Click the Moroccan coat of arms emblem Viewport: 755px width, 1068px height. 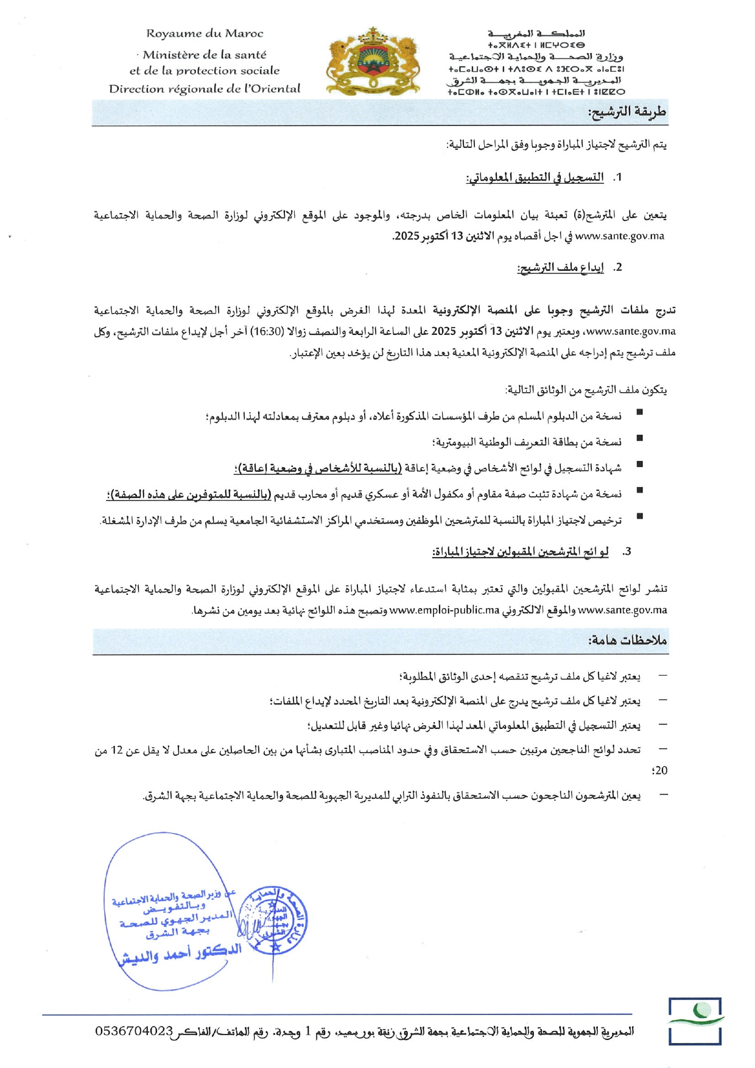[373, 61]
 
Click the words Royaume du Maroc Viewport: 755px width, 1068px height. [205, 34]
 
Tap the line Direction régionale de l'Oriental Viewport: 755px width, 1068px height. [205, 89]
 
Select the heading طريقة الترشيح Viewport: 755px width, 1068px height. [627, 112]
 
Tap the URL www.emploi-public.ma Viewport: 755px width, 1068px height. [444, 610]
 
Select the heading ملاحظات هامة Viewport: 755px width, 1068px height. [627, 641]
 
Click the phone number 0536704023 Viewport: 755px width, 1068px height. [135, 1031]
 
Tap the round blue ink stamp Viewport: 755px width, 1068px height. [272, 919]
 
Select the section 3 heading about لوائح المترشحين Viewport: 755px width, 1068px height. [521, 552]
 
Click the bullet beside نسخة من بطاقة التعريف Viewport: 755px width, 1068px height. [639, 438]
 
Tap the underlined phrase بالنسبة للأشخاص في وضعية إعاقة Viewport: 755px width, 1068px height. [314, 468]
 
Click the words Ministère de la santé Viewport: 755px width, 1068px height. [205, 55]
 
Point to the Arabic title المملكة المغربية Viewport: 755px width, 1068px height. [536, 33]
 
